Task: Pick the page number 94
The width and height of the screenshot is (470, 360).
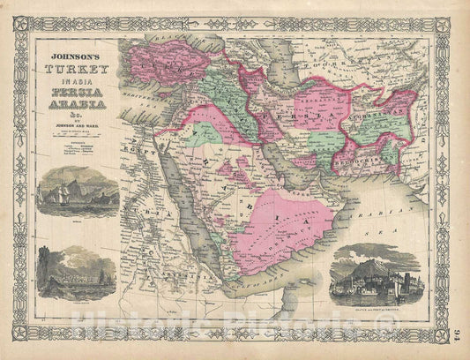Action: coord(457,334)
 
